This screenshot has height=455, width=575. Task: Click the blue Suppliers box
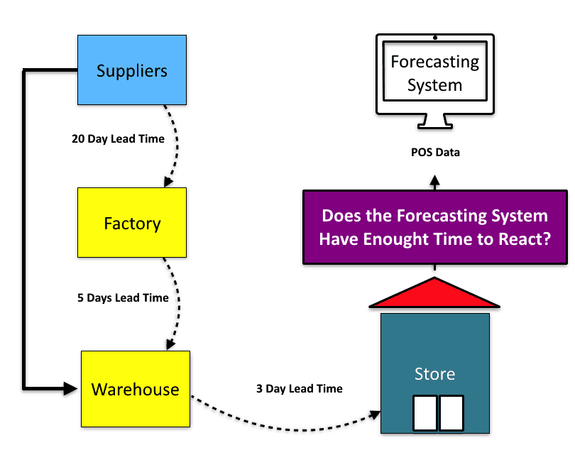pos(132,70)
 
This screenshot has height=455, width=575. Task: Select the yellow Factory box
pos(132,223)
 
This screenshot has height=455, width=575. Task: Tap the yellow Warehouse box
pos(136,389)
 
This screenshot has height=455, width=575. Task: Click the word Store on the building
pos(435,374)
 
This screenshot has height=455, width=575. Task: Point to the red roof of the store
pos(434,293)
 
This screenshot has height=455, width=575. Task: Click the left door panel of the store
pos(425,413)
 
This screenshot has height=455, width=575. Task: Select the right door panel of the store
pos(451,413)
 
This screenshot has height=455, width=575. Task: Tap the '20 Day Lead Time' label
pos(118,139)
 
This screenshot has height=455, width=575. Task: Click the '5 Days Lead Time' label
pos(123,297)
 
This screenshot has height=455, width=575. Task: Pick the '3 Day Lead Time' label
pos(300,389)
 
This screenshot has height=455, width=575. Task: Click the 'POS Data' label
pos(435,152)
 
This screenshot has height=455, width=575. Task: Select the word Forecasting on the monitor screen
pos(435,62)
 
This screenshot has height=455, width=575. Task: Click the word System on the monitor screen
pos(435,86)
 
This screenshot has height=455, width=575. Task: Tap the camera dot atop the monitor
pos(435,38)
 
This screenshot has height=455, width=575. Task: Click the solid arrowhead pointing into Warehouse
pos(70,389)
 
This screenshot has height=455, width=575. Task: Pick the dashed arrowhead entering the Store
pos(375,415)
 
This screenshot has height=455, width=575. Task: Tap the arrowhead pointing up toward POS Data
pos(435,180)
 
